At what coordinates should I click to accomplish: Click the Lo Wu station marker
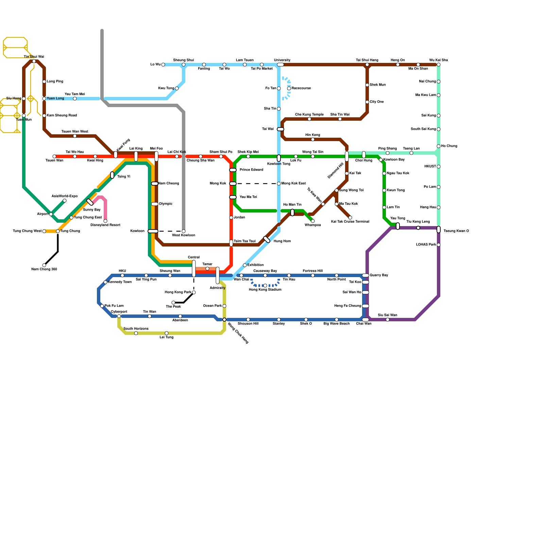(x=163, y=65)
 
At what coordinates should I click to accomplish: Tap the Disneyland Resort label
(x=105, y=225)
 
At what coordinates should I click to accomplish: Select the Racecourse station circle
(x=289, y=88)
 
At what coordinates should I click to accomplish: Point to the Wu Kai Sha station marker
(x=439, y=65)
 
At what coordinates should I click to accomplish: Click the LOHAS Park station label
(x=426, y=245)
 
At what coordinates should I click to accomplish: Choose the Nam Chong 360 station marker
(x=44, y=265)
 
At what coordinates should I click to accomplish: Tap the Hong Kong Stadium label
(x=265, y=290)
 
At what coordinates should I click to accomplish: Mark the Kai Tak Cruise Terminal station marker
(x=350, y=218)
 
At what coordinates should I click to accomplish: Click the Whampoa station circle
(x=313, y=221)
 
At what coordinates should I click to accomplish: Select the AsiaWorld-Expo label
(x=65, y=196)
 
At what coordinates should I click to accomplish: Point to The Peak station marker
(x=173, y=303)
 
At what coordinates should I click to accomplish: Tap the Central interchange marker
(x=194, y=269)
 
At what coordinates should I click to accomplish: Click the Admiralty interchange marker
(x=218, y=275)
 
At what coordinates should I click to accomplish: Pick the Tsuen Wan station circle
(x=54, y=156)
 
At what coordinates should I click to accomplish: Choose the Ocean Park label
(x=213, y=306)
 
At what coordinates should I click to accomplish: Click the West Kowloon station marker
(x=184, y=231)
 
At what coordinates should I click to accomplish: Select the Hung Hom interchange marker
(x=267, y=239)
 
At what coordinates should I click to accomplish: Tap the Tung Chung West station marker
(x=44, y=231)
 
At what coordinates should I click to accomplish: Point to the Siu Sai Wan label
(x=388, y=315)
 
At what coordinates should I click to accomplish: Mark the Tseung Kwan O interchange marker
(x=439, y=230)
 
